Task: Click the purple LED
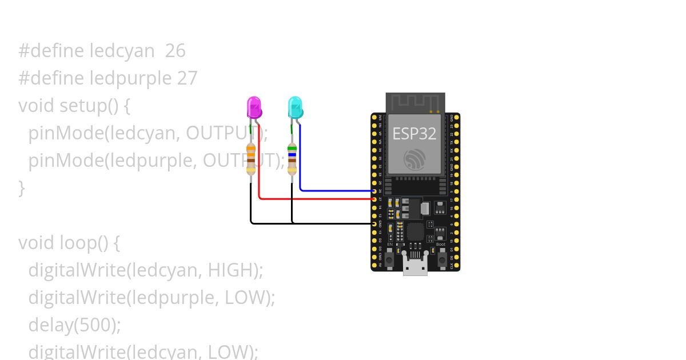[x=254, y=108]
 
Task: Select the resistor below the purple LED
[x=251, y=158]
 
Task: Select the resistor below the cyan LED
[x=292, y=158]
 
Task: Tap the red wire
[x=314, y=199]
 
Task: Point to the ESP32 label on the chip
[x=414, y=134]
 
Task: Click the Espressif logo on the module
[x=414, y=159]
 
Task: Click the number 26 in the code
[x=175, y=51]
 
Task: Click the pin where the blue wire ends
[x=374, y=191]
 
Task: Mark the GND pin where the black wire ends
[x=374, y=224]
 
